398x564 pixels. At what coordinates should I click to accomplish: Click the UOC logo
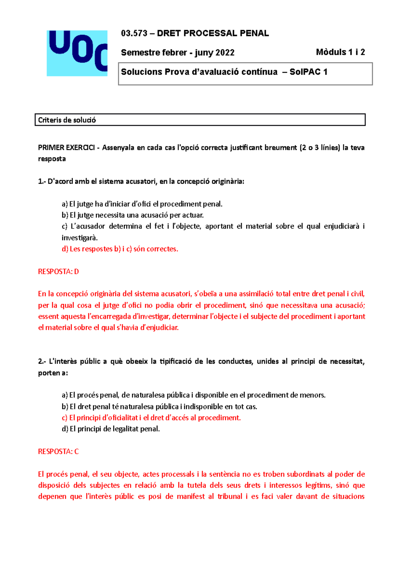click(77, 53)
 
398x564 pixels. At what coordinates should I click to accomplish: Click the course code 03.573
click(134, 33)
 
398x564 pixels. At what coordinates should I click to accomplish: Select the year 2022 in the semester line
click(225, 52)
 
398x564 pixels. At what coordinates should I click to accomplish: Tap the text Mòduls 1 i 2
click(340, 52)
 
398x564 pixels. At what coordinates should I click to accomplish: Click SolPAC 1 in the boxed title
click(308, 72)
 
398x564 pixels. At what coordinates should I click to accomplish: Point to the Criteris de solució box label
click(67, 120)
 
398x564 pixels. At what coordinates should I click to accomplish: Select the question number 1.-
click(42, 181)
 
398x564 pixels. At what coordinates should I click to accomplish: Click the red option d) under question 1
click(120, 249)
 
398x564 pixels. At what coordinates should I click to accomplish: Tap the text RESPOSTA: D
click(58, 271)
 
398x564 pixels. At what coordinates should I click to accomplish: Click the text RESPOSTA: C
click(58, 451)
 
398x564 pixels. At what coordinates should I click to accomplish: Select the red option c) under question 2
click(151, 418)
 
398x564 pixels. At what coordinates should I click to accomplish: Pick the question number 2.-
click(42, 361)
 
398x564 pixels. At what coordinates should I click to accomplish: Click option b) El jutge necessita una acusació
click(133, 215)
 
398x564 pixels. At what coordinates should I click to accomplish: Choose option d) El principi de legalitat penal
click(111, 429)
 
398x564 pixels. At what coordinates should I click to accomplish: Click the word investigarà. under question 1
click(80, 237)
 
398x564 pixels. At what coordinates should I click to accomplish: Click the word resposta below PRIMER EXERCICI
click(52, 159)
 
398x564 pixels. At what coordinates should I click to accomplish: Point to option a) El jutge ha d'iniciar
click(142, 204)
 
